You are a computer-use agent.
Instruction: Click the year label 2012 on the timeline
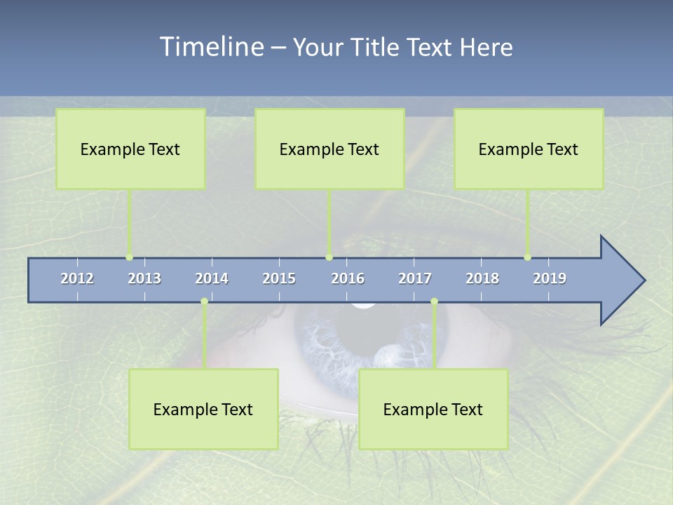tap(77, 278)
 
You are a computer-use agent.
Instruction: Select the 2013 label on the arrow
tap(144, 278)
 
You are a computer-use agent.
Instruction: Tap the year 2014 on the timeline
tap(212, 278)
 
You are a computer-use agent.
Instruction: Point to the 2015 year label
tap(279, 278)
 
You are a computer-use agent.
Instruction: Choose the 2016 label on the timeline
tap(348, 278)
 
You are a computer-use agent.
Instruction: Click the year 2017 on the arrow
tap(415, 278)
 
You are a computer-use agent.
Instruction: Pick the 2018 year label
tap(482, 278)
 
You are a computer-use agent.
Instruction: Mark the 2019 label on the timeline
tap(550, 278)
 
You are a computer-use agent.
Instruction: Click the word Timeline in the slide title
tap(211, 47)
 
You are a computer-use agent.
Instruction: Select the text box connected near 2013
tap(130, 149)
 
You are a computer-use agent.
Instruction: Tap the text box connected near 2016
tap(329, 149)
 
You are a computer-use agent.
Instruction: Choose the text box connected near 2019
tap(529, 149)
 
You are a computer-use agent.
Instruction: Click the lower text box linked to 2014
tap(203, 409)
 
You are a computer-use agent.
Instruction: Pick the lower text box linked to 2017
tap(433, 409)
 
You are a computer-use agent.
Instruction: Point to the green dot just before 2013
tap(129, 257)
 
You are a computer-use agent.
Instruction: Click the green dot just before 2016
tap(329, 257)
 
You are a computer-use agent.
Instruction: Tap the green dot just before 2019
tap(527, 257)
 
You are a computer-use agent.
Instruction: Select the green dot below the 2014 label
tap(204, 302)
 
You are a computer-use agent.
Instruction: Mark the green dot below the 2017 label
tap(434, 302)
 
